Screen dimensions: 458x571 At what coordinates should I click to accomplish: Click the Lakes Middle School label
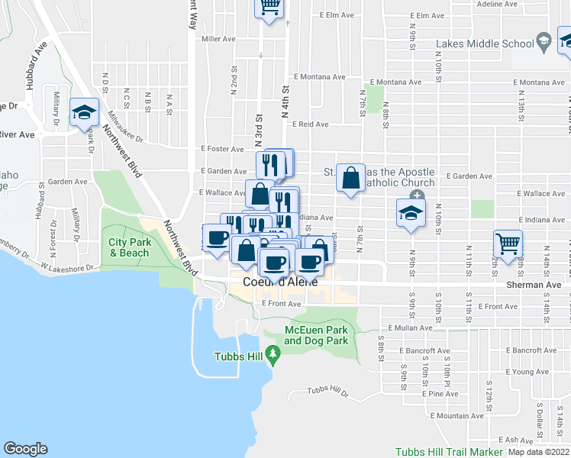tap(485, 44)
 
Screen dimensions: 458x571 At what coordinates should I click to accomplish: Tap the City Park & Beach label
tap(128, 247)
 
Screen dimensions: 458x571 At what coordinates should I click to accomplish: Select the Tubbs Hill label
tap(239, 357)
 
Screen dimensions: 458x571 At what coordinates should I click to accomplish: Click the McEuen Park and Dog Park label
tap(316, 335)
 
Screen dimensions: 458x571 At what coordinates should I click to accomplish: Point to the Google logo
tap(25, 450)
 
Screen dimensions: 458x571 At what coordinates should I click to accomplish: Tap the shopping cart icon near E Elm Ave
tap(269, 7)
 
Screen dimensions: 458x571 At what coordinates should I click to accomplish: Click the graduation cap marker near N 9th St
tap(411, 214)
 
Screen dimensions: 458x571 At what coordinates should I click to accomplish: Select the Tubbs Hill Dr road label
tap(327, 392)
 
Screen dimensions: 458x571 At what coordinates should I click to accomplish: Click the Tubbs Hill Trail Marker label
tap(449, 452)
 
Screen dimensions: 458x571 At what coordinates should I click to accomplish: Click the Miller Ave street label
tap(218, 39)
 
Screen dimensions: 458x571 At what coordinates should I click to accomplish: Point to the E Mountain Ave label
tap(456, 416)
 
